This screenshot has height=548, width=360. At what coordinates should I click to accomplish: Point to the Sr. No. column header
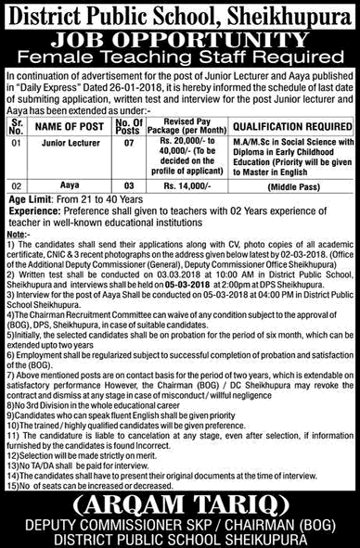coord(16,130)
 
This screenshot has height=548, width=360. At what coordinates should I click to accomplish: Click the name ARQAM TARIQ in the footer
coord(180,502)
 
